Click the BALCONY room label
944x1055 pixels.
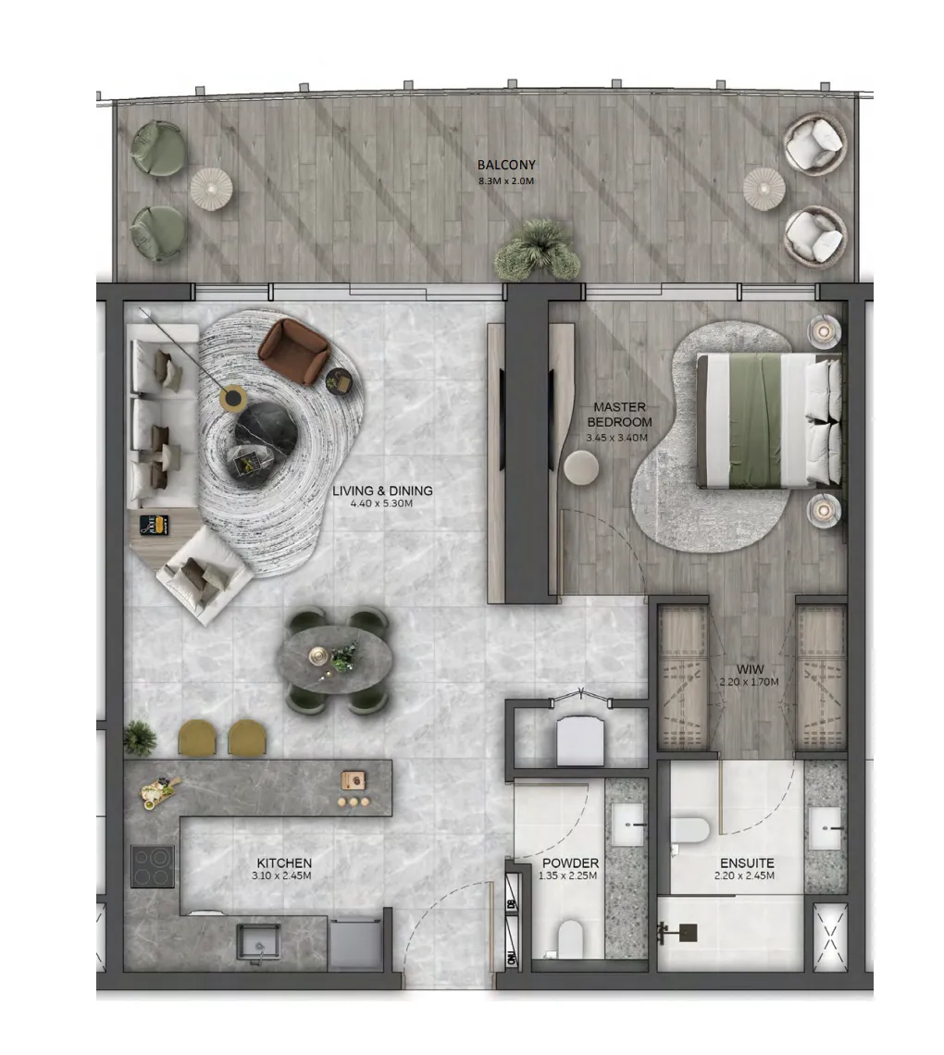(x=506, y=165)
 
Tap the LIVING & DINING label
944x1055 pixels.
(x=382, y=491)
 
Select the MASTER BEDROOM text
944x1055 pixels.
(x=619, y=415)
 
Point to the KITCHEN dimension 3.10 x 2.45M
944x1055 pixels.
(x=281, y=876)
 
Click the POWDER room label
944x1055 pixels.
(x=570, y=863)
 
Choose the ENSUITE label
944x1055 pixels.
(x=747, y=863)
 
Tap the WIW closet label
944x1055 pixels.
(x=750, y=669)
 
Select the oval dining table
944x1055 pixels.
(x=334, y=659)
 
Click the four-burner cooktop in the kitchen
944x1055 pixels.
(x=153, y=866)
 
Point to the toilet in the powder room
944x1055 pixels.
(x=570, y=937)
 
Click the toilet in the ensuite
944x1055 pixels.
(x=689, y=830)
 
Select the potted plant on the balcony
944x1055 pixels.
(x=537, y=249)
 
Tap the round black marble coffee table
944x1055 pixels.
(x=267, y=433)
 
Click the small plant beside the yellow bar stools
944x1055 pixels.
(x=140, y=738)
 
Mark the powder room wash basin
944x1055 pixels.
(x=628, y=825)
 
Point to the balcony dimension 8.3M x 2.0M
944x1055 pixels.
(x=506, y=181)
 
